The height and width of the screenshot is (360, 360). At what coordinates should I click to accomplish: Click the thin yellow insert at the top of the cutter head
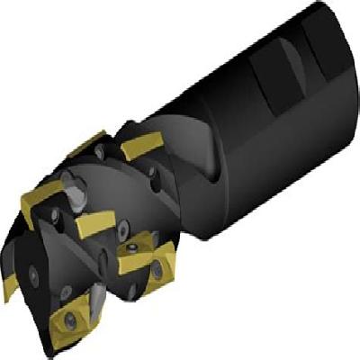pyautogui.click(x=90, y=143)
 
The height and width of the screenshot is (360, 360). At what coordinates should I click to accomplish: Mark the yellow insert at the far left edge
pyautogui.click(x=12, y=289)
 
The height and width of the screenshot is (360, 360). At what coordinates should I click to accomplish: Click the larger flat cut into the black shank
pyautogui.click(x=270, y=85)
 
